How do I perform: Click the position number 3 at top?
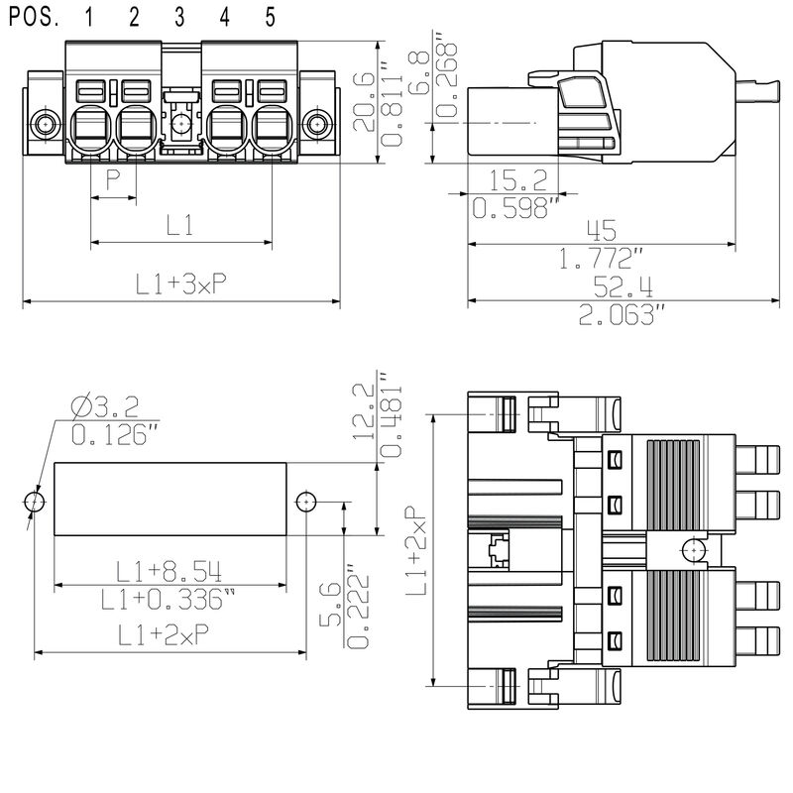(x=179, y=17)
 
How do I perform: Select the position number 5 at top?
(x=270, y=17)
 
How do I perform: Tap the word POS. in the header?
(x=34, y=17)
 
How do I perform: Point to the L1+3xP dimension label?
(x=181, y=284)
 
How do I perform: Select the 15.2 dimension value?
(x=517, y=179)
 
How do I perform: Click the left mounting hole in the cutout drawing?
(x=35, y=503)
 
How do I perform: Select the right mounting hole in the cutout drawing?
(x=306, y=503)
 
